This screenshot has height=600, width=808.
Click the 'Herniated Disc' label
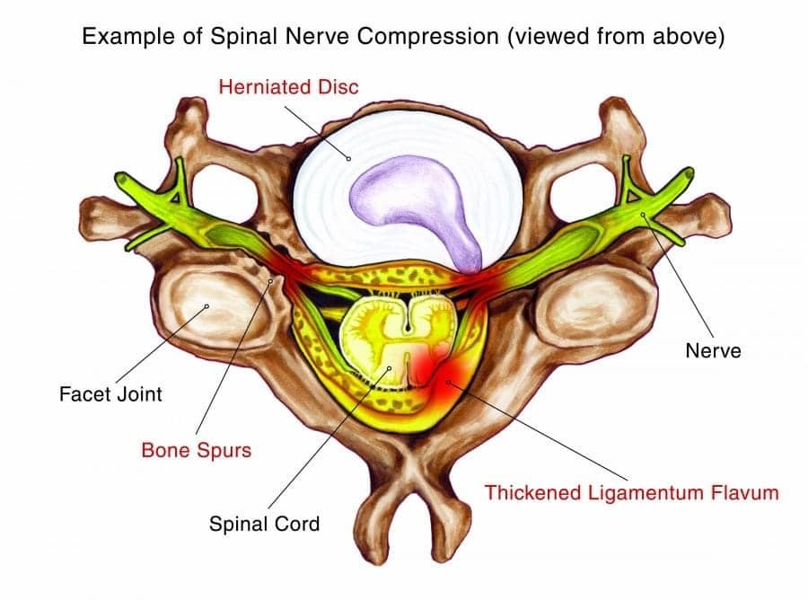pyautogui.click(x=289, y=87)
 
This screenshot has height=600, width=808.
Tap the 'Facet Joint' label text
pyautogui.click(x=110, y=393)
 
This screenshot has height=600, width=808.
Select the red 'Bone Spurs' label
pyautogui.click(x=196, y=450)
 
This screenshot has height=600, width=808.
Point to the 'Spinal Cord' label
pyautogui.click(x=264, y=523)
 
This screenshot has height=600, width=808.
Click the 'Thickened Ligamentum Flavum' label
pyautogui.click(x=631, y=492)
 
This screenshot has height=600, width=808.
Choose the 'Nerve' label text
pyautogui.click(x=713, y=350)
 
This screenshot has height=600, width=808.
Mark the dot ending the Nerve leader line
pyautogui.click(x=643, y=215)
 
